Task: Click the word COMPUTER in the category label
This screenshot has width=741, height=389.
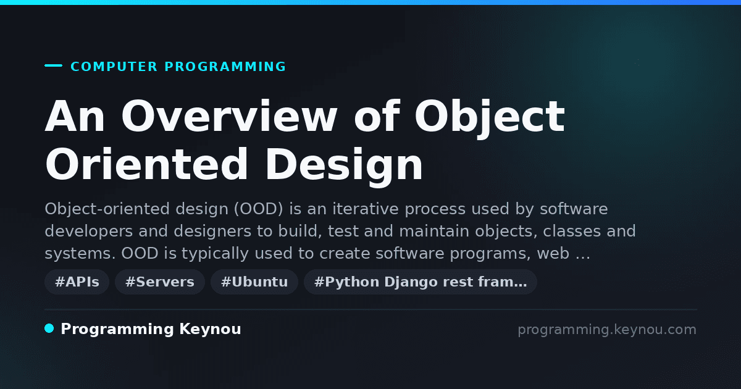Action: [x=114, y=67]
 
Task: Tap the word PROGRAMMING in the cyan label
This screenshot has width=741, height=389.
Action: [x=225, y=67]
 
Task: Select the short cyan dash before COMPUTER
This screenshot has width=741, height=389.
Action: [x=53, y=65]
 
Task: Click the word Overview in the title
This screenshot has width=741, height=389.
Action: [x=229, y=117]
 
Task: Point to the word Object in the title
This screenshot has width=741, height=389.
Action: [x=490, y=118]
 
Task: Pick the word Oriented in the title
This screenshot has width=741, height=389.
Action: [x=146, y=164]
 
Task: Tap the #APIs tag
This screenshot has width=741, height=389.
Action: [x=77, y=282]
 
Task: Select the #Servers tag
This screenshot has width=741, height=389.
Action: [x=160, y=282]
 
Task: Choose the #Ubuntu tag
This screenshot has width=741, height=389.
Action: [x=254, y=282]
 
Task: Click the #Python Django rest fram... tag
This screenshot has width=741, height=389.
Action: [x=421, y=282]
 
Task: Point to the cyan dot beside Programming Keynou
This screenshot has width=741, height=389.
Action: [x=49, y=328]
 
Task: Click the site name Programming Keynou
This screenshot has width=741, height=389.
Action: [x=151, y=329]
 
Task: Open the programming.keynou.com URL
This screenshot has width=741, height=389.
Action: [x=607, y=330]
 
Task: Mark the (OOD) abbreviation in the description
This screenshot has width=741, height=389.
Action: [x=258, y=209]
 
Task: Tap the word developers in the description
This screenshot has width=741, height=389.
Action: [x=89, y=231]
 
